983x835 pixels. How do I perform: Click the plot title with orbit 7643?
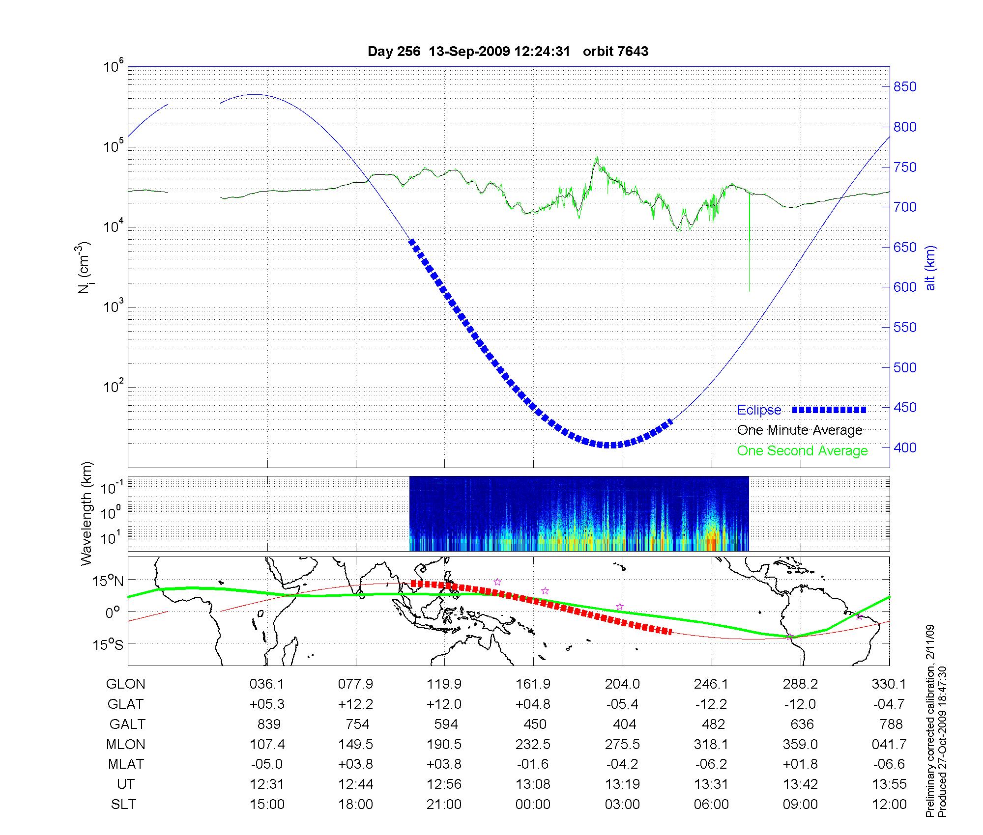pyautogui.click(x=508, y=52)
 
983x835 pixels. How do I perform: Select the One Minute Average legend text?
pyautogui.click(x=800, y=430)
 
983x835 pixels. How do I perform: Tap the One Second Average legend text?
pyautogui.click(x=802, y=451)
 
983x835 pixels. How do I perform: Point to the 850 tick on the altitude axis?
pyautogui.click(x=905, y=87)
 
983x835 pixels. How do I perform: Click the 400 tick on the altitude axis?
pyautogui.click(x=905, y=447)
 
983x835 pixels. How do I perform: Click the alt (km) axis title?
pyautogui.click(x=930, y=268)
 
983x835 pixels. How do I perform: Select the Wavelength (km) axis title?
pyautogui.click(x=87, y=513)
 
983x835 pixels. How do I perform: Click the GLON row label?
pyautogui.click(x=125, y=684)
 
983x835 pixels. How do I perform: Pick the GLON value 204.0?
pyautogui.click(x=622, y=684)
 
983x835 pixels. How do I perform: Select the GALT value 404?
pyautogui.click(x=624, y=724)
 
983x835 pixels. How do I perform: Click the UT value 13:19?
pyautogui.click(x=622, y=784)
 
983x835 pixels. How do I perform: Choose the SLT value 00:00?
pyautogui.click(x=533, y=805)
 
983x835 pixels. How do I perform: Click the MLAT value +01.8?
pyautogui.click(x=800, y=764)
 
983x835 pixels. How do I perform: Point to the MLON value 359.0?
pyautogui.click(x=800, y=745)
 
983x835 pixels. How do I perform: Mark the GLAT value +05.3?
pyautogui.click(x=267, y=704)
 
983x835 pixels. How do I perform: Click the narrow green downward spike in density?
pyautogui.click(x=749, y=246)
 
